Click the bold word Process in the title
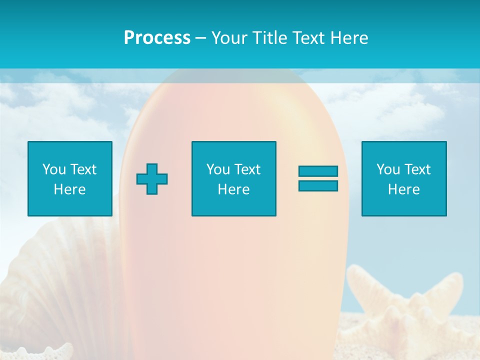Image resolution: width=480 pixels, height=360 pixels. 157,38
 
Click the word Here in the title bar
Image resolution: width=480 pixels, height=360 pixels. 349,38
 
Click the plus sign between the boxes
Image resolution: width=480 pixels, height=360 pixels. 152,179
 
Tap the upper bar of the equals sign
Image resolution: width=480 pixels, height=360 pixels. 318,171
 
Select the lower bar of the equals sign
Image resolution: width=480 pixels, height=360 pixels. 318,186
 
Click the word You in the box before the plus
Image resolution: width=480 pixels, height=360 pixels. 54,169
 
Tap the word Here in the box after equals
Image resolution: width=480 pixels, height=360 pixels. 403,189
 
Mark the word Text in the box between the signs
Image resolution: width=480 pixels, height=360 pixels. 247,169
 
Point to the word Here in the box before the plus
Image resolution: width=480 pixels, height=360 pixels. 69,189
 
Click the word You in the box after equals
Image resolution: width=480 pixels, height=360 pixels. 388,169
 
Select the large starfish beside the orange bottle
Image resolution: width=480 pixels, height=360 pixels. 410,305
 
